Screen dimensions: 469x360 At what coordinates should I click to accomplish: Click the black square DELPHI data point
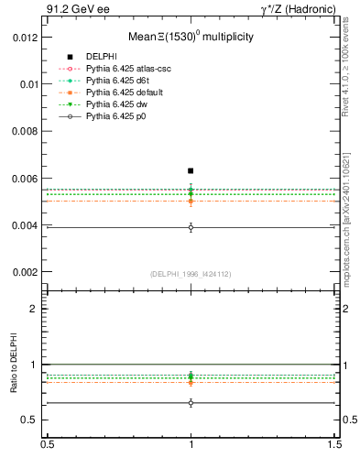(191, 170)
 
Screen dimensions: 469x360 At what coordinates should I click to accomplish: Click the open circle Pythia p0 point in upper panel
(191, 227)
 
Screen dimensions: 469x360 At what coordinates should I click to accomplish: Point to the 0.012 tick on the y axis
(26, 38)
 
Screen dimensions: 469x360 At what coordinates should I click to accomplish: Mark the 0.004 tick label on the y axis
(26, 225)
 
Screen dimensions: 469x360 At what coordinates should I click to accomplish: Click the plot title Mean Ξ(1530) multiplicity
(191, 38)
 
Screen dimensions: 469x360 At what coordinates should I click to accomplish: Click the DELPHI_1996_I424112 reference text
(191, 275)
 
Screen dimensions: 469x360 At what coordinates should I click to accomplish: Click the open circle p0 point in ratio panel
(191, 402)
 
